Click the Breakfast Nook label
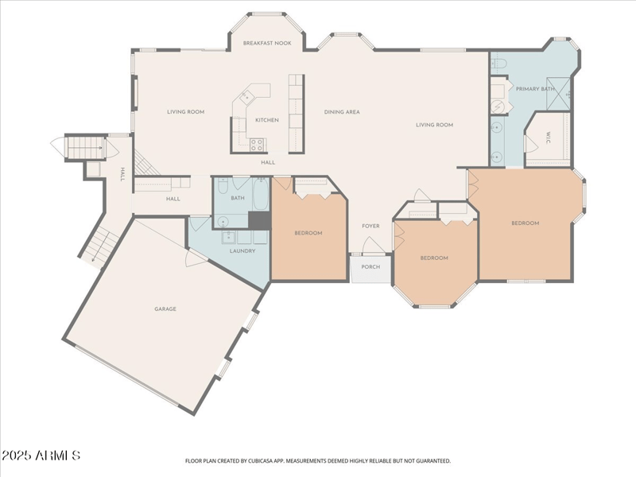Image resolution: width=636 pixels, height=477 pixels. pyautogui.click(x=267, y=43)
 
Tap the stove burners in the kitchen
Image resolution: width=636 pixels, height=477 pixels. pyautogui.click(x=258, y=145)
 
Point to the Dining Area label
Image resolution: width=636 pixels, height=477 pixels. pyautogui.click(x=342, y=112)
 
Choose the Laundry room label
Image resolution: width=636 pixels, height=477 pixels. pyautogui.click(x=242, y=251)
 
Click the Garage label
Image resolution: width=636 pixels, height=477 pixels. pyautogui.click(x=165, y=308)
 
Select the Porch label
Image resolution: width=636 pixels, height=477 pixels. pyautogui.click(x=370, y=267)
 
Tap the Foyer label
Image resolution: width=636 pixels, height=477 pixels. pyautogui.click(x=370, y=227)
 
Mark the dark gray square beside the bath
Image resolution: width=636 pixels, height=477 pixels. pyautogui.click(x=260, y=220)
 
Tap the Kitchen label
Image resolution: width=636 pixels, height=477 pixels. pyautogui.click(x=266, y=120)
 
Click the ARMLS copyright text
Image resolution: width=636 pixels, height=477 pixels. pyautogui.click(x=41, y=456)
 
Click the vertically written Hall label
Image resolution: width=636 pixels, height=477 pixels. pyautogui.click(x=122, y=173)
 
